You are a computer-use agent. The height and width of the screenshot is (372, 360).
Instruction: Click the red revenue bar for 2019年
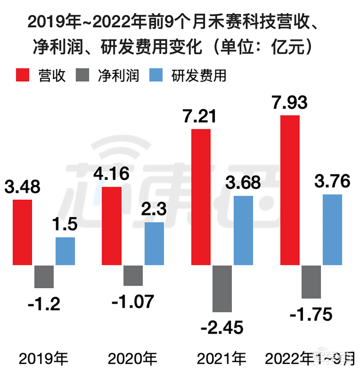[x=22, y=232]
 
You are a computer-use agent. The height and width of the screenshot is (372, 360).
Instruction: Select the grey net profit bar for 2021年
[x=222, y=289]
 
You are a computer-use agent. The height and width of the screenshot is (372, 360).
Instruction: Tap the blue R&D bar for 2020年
[x=154, y=244]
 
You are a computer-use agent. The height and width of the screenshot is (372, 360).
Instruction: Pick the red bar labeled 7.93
[x=290, y=190]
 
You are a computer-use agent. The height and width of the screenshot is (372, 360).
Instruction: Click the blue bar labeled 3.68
[x=243, y=230]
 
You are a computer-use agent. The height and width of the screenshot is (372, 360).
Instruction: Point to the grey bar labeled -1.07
[x=133, y=276]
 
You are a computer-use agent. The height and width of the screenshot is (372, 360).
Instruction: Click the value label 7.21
[x=200, y=117]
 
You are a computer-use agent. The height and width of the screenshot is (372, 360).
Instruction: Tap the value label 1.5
[x=65, y=226]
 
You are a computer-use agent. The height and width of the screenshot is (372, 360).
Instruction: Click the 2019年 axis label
[x=44, y=359]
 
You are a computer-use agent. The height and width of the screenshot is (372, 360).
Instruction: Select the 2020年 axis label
[x=132, y=359]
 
